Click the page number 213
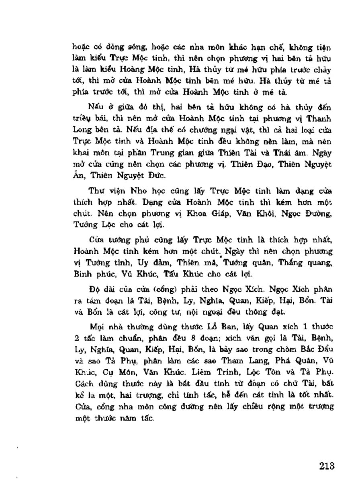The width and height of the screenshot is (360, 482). coord(327,466)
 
